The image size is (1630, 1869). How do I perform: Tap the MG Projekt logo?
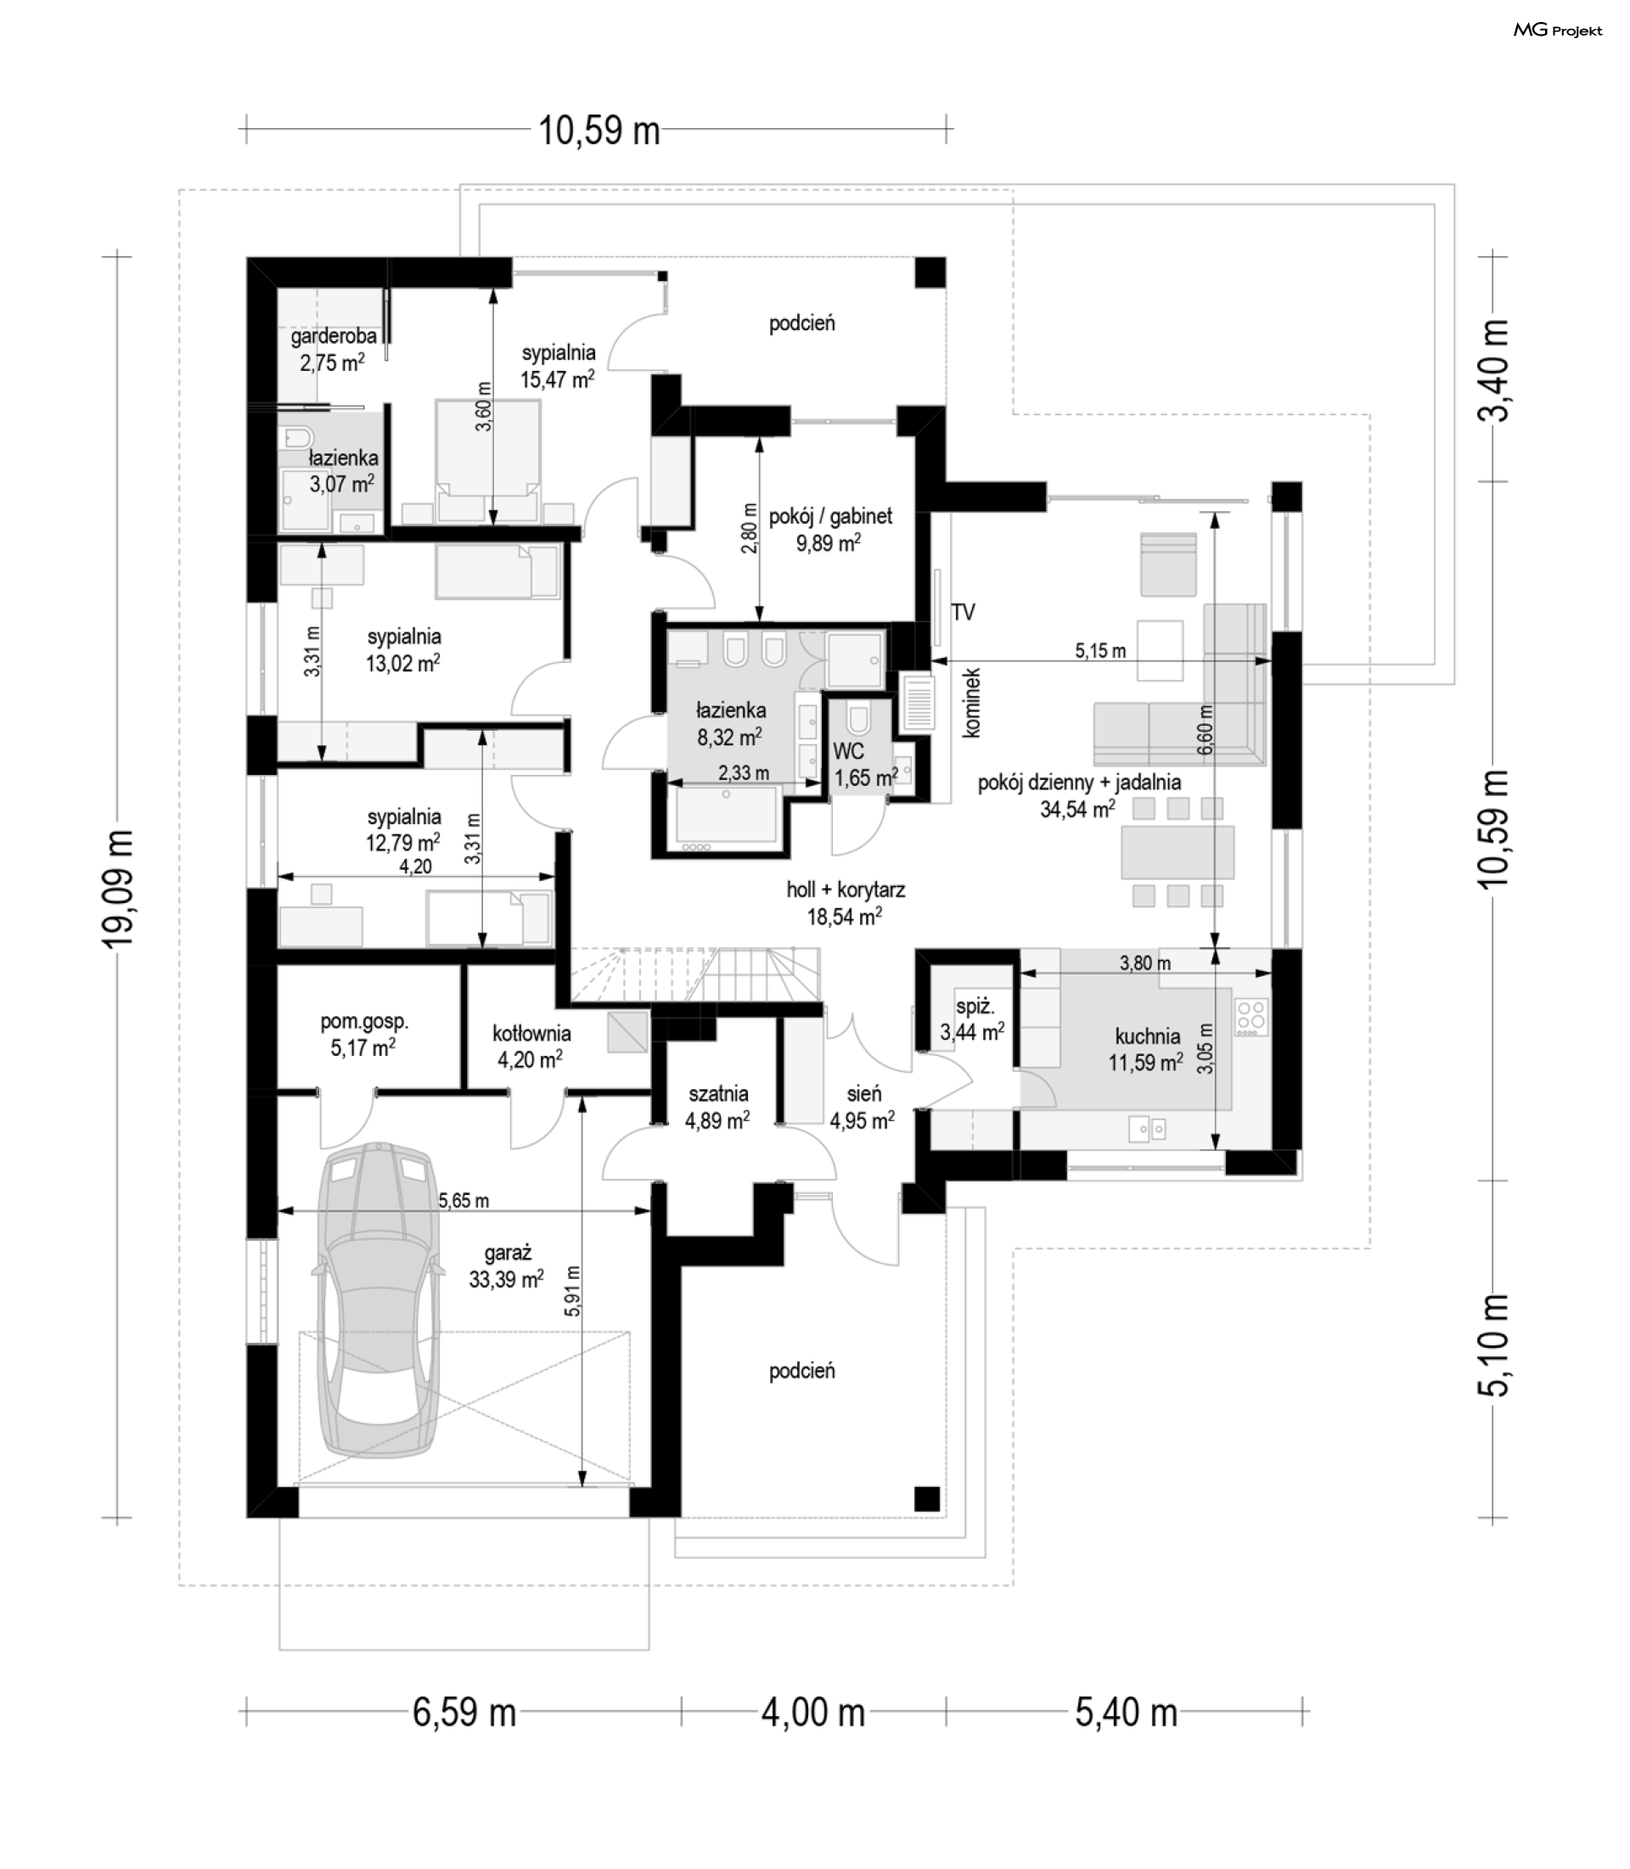1557,31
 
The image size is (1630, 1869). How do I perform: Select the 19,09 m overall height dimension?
118,888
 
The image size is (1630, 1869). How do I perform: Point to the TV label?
964,612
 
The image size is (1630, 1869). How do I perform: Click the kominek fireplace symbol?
917,703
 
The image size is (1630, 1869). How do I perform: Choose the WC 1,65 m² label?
865,765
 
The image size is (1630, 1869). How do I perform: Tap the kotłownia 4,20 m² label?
531,1046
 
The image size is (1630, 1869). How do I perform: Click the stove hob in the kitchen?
1251,1018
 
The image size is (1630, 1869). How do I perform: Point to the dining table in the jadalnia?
1178,852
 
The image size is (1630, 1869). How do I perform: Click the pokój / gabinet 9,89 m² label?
829,530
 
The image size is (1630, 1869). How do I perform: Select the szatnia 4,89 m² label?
717,1107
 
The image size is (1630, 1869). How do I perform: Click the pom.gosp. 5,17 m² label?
364,1034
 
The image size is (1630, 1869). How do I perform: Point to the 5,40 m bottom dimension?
1126,1713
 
